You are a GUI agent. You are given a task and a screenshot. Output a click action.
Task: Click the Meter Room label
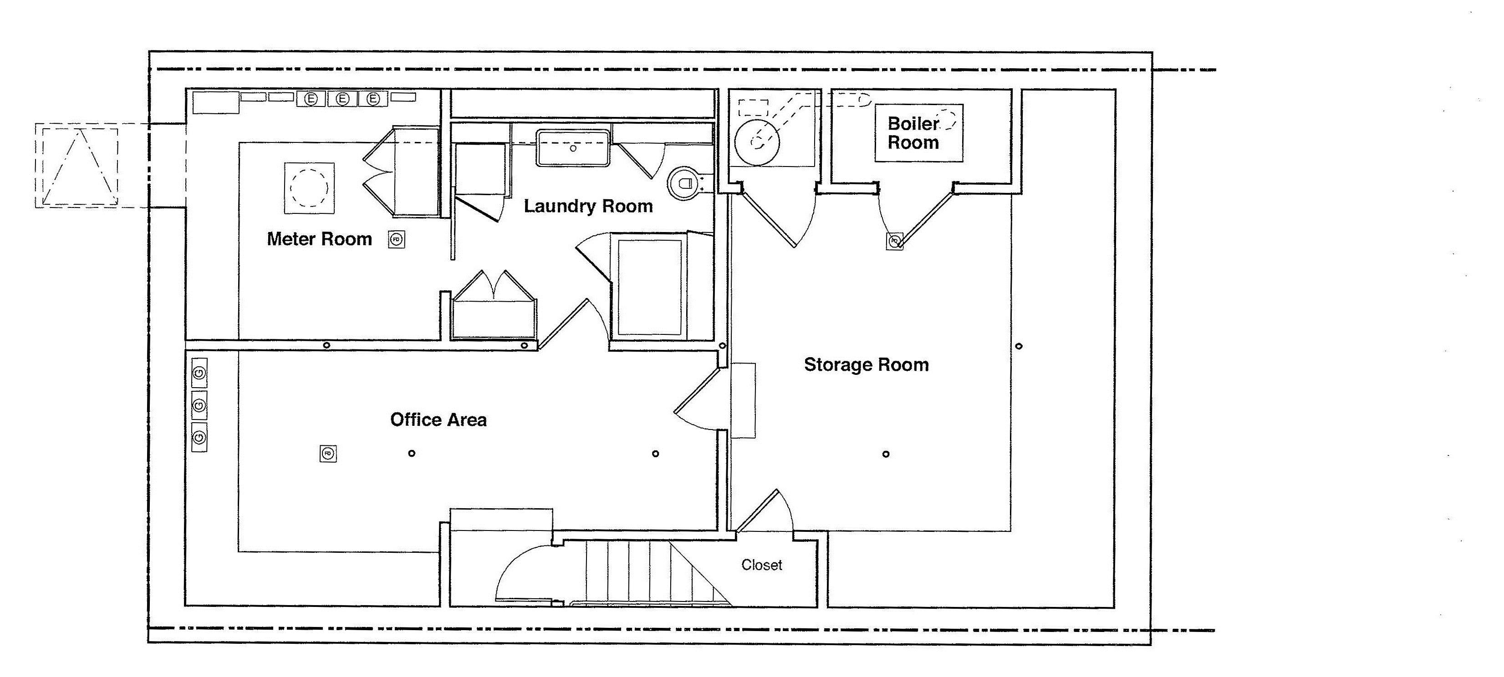coord(319,239)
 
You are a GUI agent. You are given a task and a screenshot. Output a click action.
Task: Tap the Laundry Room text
coord(588,206)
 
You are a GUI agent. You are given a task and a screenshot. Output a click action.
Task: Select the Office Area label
coord(438,419)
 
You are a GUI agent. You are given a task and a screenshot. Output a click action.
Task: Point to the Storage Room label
coord(866,365)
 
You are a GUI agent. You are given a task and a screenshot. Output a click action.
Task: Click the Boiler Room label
coord(913,133)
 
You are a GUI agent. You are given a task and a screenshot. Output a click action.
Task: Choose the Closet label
coord(761,565)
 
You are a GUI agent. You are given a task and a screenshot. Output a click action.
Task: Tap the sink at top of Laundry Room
coord(573,148)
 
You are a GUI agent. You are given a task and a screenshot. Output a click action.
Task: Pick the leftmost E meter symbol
coord(312,99)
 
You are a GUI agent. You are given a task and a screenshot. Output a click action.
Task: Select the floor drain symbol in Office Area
coord(328,454)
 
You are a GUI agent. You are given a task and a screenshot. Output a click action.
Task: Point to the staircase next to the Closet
coord(642,572)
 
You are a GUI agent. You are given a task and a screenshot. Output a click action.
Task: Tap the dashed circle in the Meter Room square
coord(309,187)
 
